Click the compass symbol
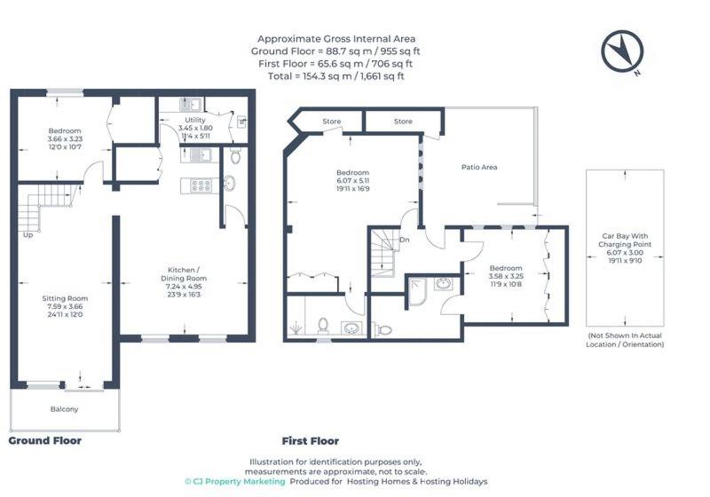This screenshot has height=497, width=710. (622, 51)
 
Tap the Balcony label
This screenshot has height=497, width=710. (64, 409)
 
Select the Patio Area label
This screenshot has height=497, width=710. (479, 167)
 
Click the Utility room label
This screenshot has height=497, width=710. (195, 120)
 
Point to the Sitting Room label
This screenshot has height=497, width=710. (65, 298)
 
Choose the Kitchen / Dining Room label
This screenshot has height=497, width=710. (184, 274)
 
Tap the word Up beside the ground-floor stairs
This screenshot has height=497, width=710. (28, 235)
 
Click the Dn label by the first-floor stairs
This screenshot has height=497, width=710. (405, 240)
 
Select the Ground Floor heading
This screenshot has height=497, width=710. (45, 441)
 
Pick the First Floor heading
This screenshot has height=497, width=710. (310, 441)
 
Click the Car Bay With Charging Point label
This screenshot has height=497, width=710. (625, 240)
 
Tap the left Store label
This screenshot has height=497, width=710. (331, 122)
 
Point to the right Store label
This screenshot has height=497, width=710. (403, 122)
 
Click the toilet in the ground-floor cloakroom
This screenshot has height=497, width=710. (235, 155)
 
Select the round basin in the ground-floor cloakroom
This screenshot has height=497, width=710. (230, 183)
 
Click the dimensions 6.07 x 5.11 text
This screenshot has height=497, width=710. (352, 180)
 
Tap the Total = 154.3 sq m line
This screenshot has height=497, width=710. (336, 76)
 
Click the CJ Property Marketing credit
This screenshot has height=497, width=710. (235, 482)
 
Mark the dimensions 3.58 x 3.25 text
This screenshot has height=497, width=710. (506, 276)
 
